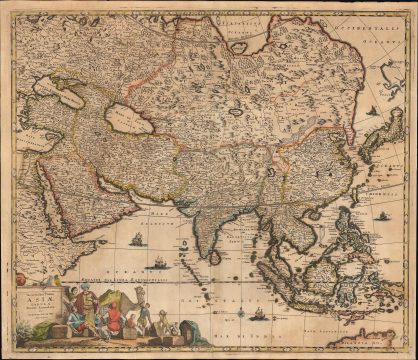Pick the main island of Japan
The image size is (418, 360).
coord(384,140)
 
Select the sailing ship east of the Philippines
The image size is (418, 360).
coord(383,215)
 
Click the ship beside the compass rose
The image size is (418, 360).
coord(160,263)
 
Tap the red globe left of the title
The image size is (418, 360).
coord(19,282)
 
